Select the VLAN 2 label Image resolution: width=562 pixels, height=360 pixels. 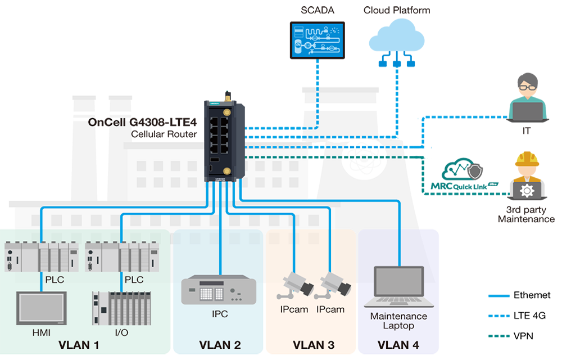(x=220, y=345)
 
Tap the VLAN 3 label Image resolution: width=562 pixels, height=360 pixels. (x=313, y=345)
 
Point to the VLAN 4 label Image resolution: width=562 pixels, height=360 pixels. (x=398, y=345)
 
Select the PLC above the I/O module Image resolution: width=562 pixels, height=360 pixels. (x=121, y=256)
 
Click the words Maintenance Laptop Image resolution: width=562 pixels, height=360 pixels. (x=398, y=321)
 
